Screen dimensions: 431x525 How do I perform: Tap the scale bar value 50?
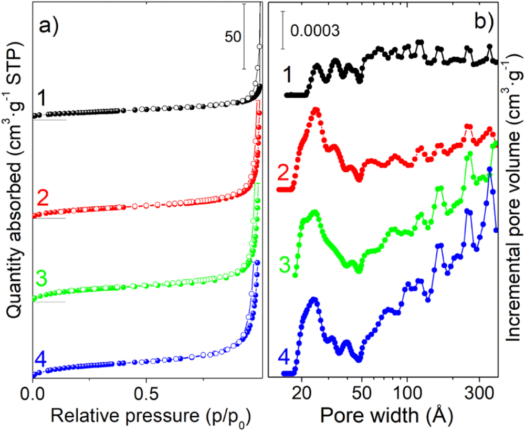tap(233, 37)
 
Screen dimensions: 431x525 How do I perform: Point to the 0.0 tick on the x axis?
tap(33, 392)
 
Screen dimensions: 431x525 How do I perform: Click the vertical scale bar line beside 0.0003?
tap(283, 30)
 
